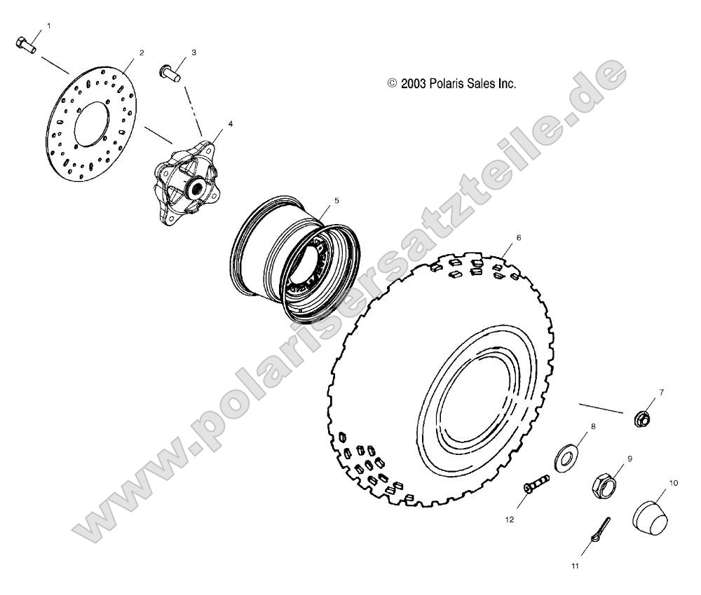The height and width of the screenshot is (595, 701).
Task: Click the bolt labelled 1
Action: (25, 44)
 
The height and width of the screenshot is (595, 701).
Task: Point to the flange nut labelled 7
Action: (640, 419)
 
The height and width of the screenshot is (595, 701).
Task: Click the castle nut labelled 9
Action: (604, 483)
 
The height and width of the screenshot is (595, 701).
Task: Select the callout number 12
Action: (510, 519)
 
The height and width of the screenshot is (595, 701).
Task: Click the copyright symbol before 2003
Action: (392, 83)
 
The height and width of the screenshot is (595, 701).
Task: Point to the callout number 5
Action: (336, 200)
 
